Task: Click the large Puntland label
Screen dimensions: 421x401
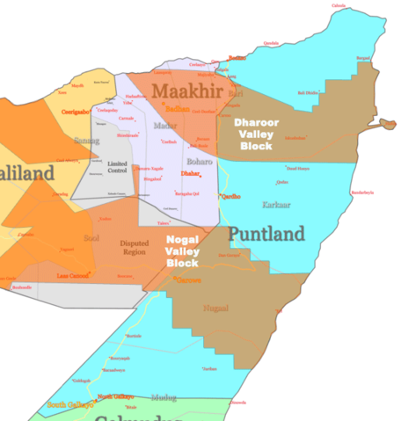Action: [x=266, y=234]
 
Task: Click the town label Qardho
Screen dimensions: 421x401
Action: [x=230, y=196]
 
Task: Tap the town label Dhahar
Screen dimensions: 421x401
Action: [x=192, y=173]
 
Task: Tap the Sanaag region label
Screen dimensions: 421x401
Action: [x=88, y=140]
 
